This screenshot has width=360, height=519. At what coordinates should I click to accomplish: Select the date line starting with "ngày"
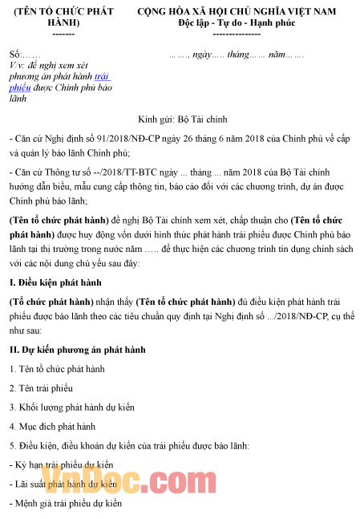coord(237,55)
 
